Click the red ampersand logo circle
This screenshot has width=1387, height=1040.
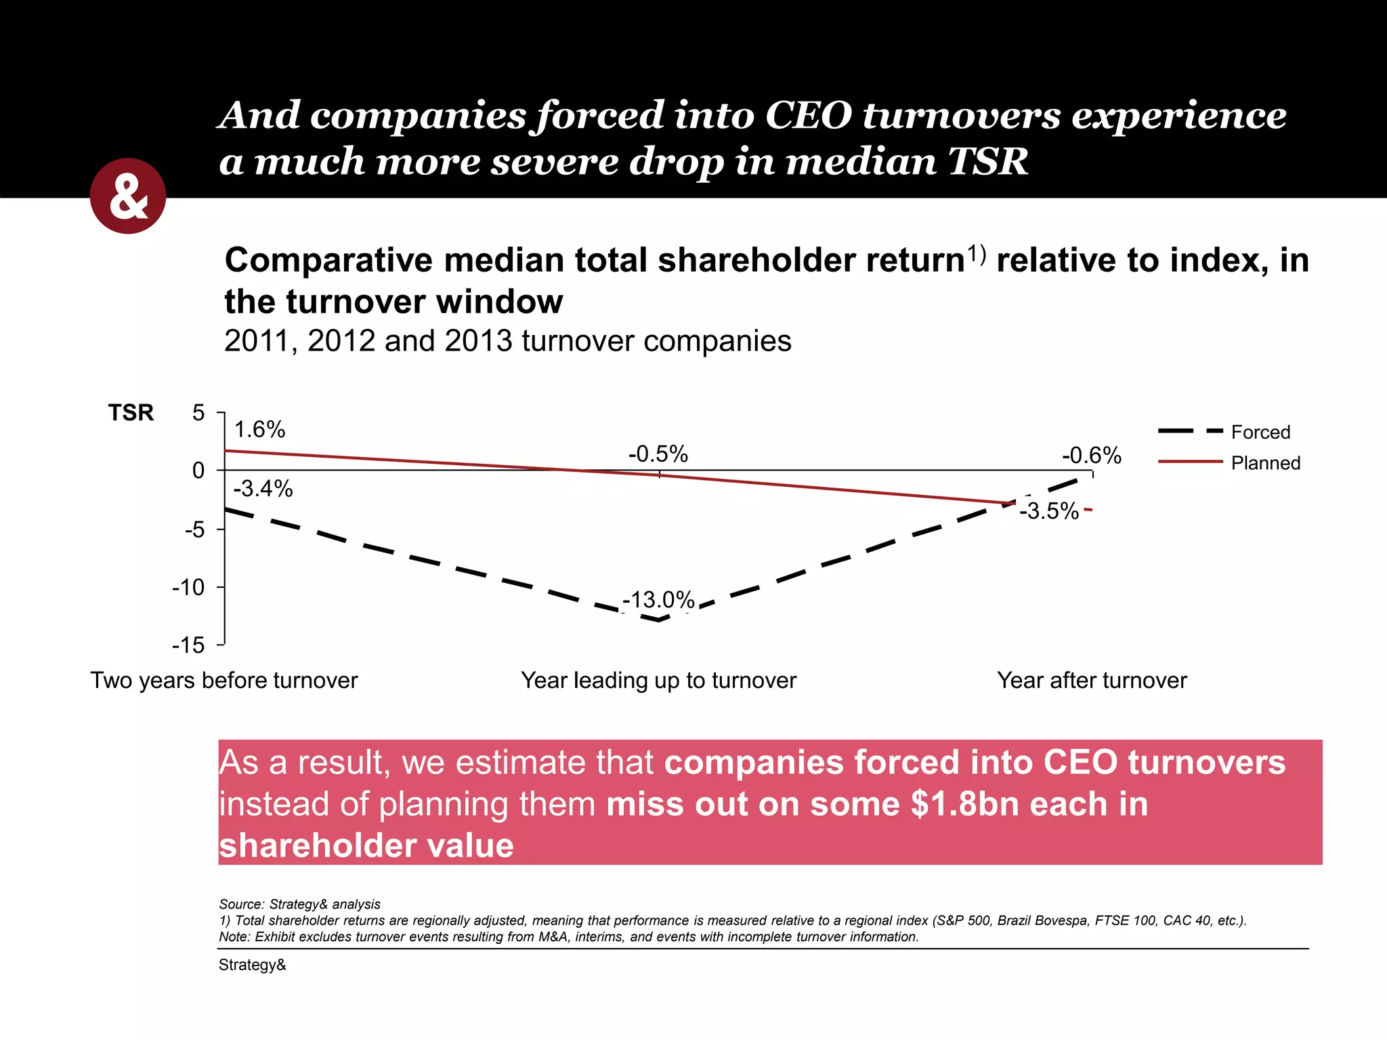(x=128, y=196)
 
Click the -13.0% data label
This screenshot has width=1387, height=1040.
(x=658, y=600)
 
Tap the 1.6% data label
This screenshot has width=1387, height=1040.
(x=259, y=430)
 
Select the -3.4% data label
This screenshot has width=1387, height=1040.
(x=263, y=489)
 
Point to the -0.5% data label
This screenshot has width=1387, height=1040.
(x=658, y=454)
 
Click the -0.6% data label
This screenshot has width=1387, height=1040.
(x=1092, y=456)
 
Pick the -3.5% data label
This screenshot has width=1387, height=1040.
(x=1048, y=511)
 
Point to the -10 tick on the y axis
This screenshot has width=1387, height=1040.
(x=188, y=588)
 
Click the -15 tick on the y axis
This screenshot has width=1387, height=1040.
(x=188, y=645)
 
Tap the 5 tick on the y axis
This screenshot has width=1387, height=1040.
(x=198, y=413)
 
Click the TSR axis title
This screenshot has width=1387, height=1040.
(x=131, y=413)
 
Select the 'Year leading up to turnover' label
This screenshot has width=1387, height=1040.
(x=658, y=680)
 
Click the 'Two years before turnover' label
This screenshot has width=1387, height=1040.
(x=224, y=680)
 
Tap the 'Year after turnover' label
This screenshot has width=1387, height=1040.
(x=1092, y=680)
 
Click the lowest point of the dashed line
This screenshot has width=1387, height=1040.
(x=659, y=620)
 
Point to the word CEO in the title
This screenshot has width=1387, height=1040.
(x=808, y=115)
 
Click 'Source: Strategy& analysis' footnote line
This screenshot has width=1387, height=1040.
(x=299, y=905)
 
